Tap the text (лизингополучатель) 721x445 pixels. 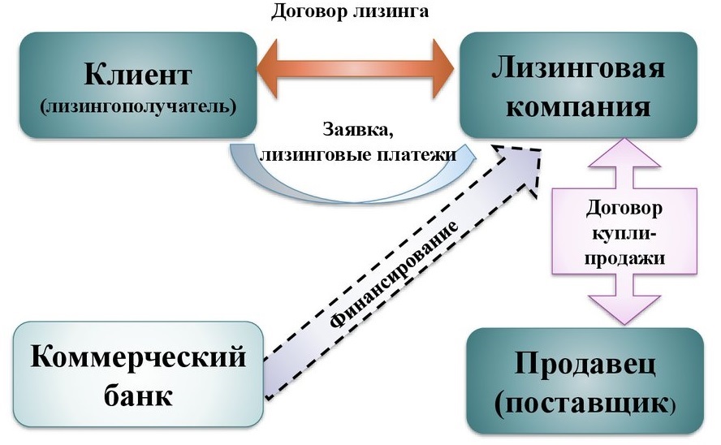pyautogui.click(x=136, y=106)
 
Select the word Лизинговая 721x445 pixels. pyautogui.click(x=578, y=68)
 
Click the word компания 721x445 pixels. pyautogui.click(x=578, y=106)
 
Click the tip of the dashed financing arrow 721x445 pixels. pyautogui.click(x=540, y=152)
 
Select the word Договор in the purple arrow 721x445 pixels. pyautogui.click(x=624, y=208)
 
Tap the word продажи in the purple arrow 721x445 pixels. pyautogui.click(x=624, y=259)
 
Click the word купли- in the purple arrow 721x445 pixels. pyautogui.click(x=624, y=234)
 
